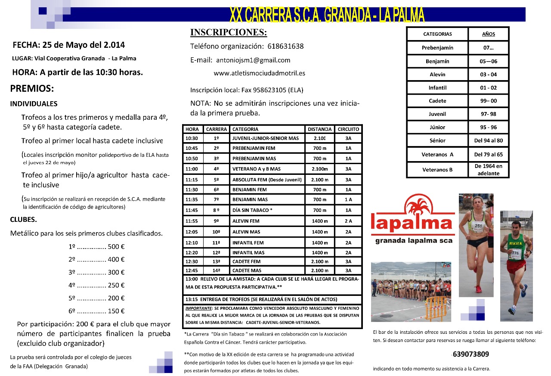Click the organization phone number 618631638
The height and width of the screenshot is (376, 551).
pos(285,46)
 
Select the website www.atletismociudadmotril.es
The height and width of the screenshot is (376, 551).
pos(259,73)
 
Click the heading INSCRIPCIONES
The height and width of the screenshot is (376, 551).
pos(229,33)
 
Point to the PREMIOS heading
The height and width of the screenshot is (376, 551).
pos(32,89)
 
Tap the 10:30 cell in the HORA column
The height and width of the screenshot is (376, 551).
pos(192,138)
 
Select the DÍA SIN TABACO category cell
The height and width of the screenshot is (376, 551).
pos(252,210)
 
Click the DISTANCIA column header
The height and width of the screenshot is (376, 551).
pos(320,129)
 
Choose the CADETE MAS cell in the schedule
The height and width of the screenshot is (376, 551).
pos(247,270)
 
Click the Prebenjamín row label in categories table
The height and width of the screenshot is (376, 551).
pos(437,48)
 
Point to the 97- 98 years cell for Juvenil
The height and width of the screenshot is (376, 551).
pos(488,114)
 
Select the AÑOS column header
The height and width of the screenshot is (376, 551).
pos(488,34)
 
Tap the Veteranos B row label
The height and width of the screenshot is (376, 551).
pos(437,169)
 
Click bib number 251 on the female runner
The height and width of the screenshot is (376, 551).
pos(479,225)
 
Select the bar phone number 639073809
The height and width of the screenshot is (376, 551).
pos(471,354)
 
